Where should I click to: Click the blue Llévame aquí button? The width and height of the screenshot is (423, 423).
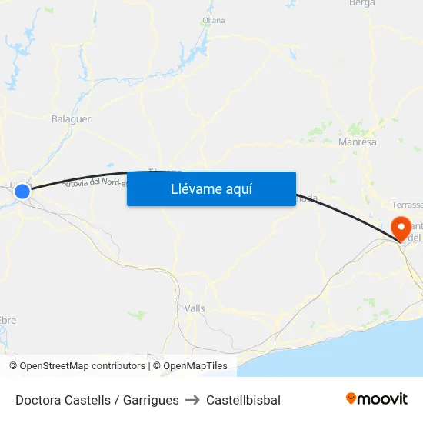click(x=211, y=188)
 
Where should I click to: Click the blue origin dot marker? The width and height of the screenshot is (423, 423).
click(x=22, y=192)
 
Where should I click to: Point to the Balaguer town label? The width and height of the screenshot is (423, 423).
click(x=71, y=119)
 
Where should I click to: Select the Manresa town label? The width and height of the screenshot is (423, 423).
click(x=358, y=142)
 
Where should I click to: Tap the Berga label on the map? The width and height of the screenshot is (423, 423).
click(x=361, y=4)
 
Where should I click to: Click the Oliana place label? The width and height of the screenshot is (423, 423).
click(x=214, y=20)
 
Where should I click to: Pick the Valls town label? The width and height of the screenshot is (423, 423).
click(x=195, y=308)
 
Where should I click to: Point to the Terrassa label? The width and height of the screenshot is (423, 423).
click(x=407, y=205)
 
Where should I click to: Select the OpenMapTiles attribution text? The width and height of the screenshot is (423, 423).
click(x=195, y=366)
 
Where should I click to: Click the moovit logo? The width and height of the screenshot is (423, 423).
click(x=376, y=398)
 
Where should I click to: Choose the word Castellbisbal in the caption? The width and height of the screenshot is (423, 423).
click(x=243, y=400)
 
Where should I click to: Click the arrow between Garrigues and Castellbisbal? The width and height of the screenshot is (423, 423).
click(x=192, y=400)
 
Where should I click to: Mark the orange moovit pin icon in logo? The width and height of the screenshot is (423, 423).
click(x=351, y=398)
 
